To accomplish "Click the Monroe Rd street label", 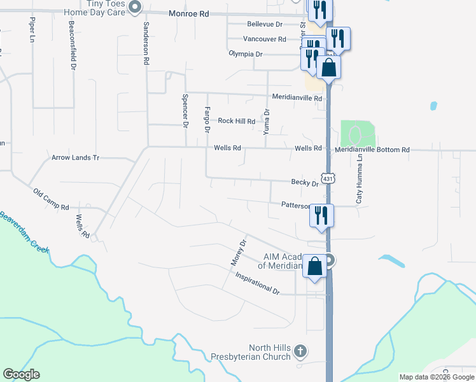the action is tap(189, 13).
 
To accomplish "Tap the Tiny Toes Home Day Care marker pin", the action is tap(134, 7).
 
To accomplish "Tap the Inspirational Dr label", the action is tap(257, 283).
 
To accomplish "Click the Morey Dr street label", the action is tap(238, 253).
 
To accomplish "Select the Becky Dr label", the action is tap(304, 183).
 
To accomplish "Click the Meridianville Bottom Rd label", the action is tap(372, 149).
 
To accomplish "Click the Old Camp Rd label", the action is tap(51, 199).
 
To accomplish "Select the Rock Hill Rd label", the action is tap(236, 121).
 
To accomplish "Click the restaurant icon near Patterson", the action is tap(321, 215).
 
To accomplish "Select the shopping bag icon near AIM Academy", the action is tap(315, 265).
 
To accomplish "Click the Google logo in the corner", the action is tap(21, 374).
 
